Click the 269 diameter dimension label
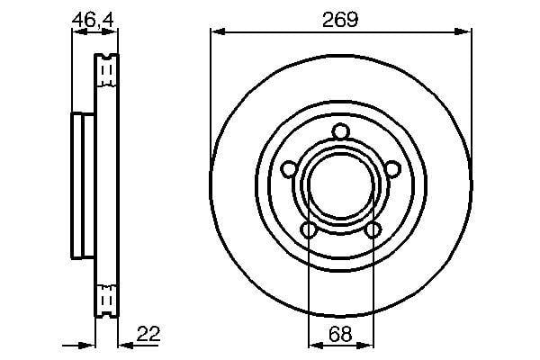pyautogui.click(x=340, y=19)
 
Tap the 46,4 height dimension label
pyautogui.click(x=93, y=20)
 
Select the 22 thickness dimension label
pyautogui.click(x=148, y=334)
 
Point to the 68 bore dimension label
pyautogui.click(x=340, y=334)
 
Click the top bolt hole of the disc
pyautogui.click(x=341, y=131)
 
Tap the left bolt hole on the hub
pyautogui.click(x=289, y=169)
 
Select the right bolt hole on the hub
pyautogui.click(x=393, y=169)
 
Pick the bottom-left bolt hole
pyautogui.click(x=309, y=230)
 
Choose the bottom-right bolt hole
pyautogui.click(x=373, y=229)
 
